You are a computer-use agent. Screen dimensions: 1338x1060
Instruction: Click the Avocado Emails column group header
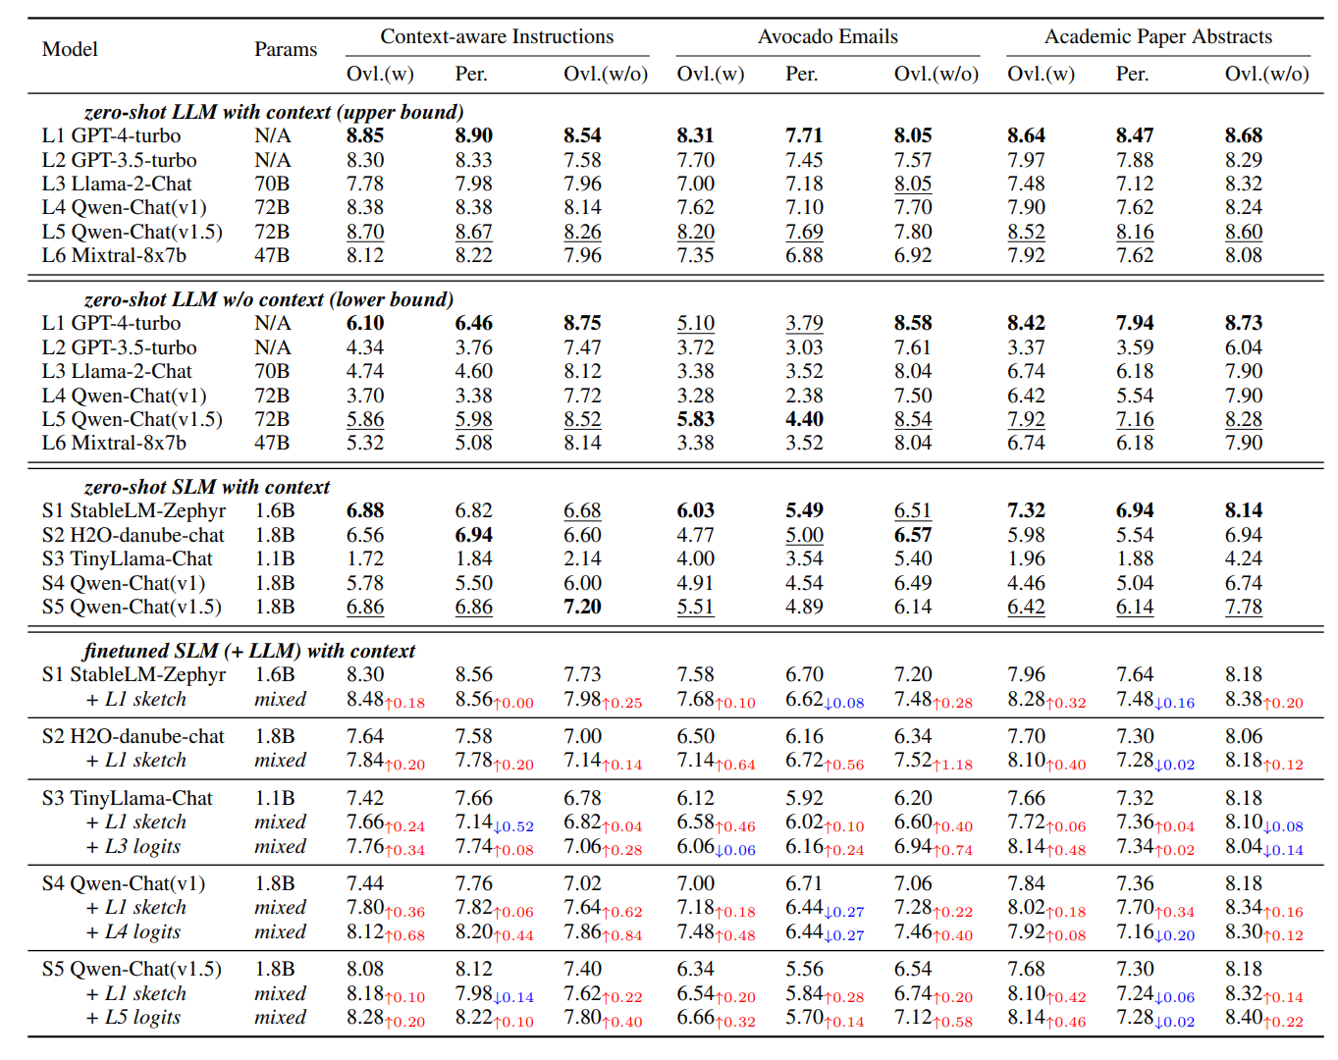pyautogui.click(x=827, y=36)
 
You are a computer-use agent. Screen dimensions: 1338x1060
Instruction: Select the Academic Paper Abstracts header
pyautogui.click(x=1157, y=36)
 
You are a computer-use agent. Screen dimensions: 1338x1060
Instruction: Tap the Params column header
pyautogui.click(x=286, y=49)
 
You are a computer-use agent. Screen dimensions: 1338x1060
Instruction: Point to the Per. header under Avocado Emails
pyautogui.click(x=801, y=74)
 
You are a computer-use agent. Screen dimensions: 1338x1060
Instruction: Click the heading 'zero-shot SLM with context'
pyautogui.click(x=207, y=486)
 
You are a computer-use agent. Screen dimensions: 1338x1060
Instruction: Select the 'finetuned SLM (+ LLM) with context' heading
pyautogui.click(x=249, y=651)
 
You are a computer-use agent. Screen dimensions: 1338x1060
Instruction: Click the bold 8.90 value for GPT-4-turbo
pyautogui.click(x=473, y=135)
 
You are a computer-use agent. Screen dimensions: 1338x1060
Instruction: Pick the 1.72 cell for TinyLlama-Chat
pyautogui.click(x=365, y=558)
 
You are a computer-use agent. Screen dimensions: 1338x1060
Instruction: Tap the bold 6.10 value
pyautogui.click(x=365, y=323)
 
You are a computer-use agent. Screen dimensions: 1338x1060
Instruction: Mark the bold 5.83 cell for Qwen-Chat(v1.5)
pyautogui.click(x=695, y=419)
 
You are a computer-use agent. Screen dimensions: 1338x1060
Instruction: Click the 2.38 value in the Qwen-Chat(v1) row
pyautogui.click(x=804, y=396)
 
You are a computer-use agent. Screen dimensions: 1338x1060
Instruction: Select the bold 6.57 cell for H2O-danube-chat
pyautogui.click(x=913, y=535)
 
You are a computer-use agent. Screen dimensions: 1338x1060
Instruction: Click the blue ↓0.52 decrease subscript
pyautogui.click(x=513, y=826)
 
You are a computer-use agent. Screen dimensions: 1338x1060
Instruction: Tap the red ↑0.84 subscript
pyautogui.click(x=621, y=935)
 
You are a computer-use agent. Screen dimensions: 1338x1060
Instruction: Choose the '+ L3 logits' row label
pyautogui.click(x=134, y=846)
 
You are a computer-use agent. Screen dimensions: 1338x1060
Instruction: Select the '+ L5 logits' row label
pyautogui.click(x=134, y=1017)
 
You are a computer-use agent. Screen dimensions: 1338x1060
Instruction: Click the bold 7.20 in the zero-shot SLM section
pyautogui.click(x=582, y=607)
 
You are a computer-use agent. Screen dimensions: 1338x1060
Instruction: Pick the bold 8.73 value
pyautogui.click(x=1244, y=323)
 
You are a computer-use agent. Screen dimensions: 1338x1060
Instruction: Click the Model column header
pyautogui.click(x=70, y=49)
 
